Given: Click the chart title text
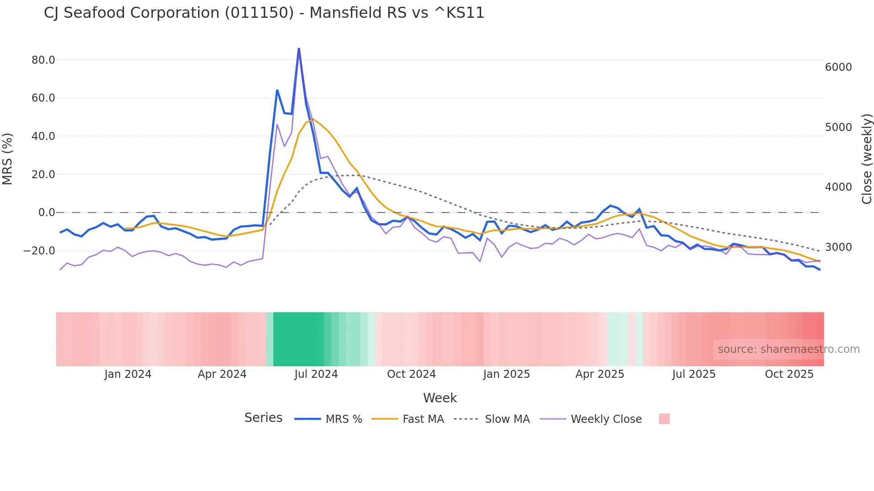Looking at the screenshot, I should tap(264, 13).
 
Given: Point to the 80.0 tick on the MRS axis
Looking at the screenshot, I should tap(43, 60).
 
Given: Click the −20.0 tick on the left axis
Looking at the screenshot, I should tap(39, 251).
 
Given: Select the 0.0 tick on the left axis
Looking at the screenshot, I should tap(46, 213).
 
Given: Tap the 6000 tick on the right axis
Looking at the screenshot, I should tap(838, 67).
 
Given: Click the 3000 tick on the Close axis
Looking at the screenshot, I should tap(838, 247).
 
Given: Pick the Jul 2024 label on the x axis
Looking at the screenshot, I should tap(316, 374).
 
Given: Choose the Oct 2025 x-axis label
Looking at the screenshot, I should tap(789, 374).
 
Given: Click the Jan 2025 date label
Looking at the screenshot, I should tap(506, 374).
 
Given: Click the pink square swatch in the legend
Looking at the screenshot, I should tap(664, 419).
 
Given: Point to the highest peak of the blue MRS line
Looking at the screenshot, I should tap(299, 48).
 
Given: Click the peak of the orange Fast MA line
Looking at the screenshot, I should tap(313, 119).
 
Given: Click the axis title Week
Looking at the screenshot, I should tap(440, 398).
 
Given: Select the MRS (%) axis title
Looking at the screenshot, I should tap(8, 159).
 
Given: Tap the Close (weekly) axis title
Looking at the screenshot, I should tap(866, 159).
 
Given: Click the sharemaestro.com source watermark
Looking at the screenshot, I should tap(788, 349).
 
